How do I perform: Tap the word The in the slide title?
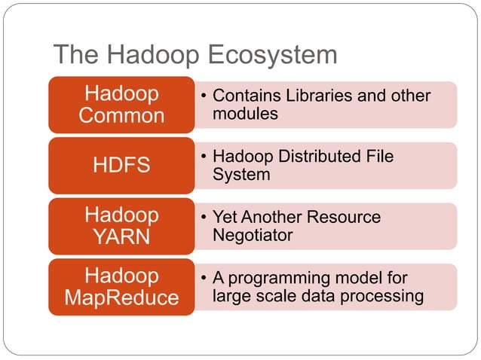coord(74,56)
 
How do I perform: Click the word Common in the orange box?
coord(121,116)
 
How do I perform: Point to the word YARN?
coord(121,237)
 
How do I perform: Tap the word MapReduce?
coord(121,297)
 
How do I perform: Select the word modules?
coord(245,114)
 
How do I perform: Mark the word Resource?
coord(344,218)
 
